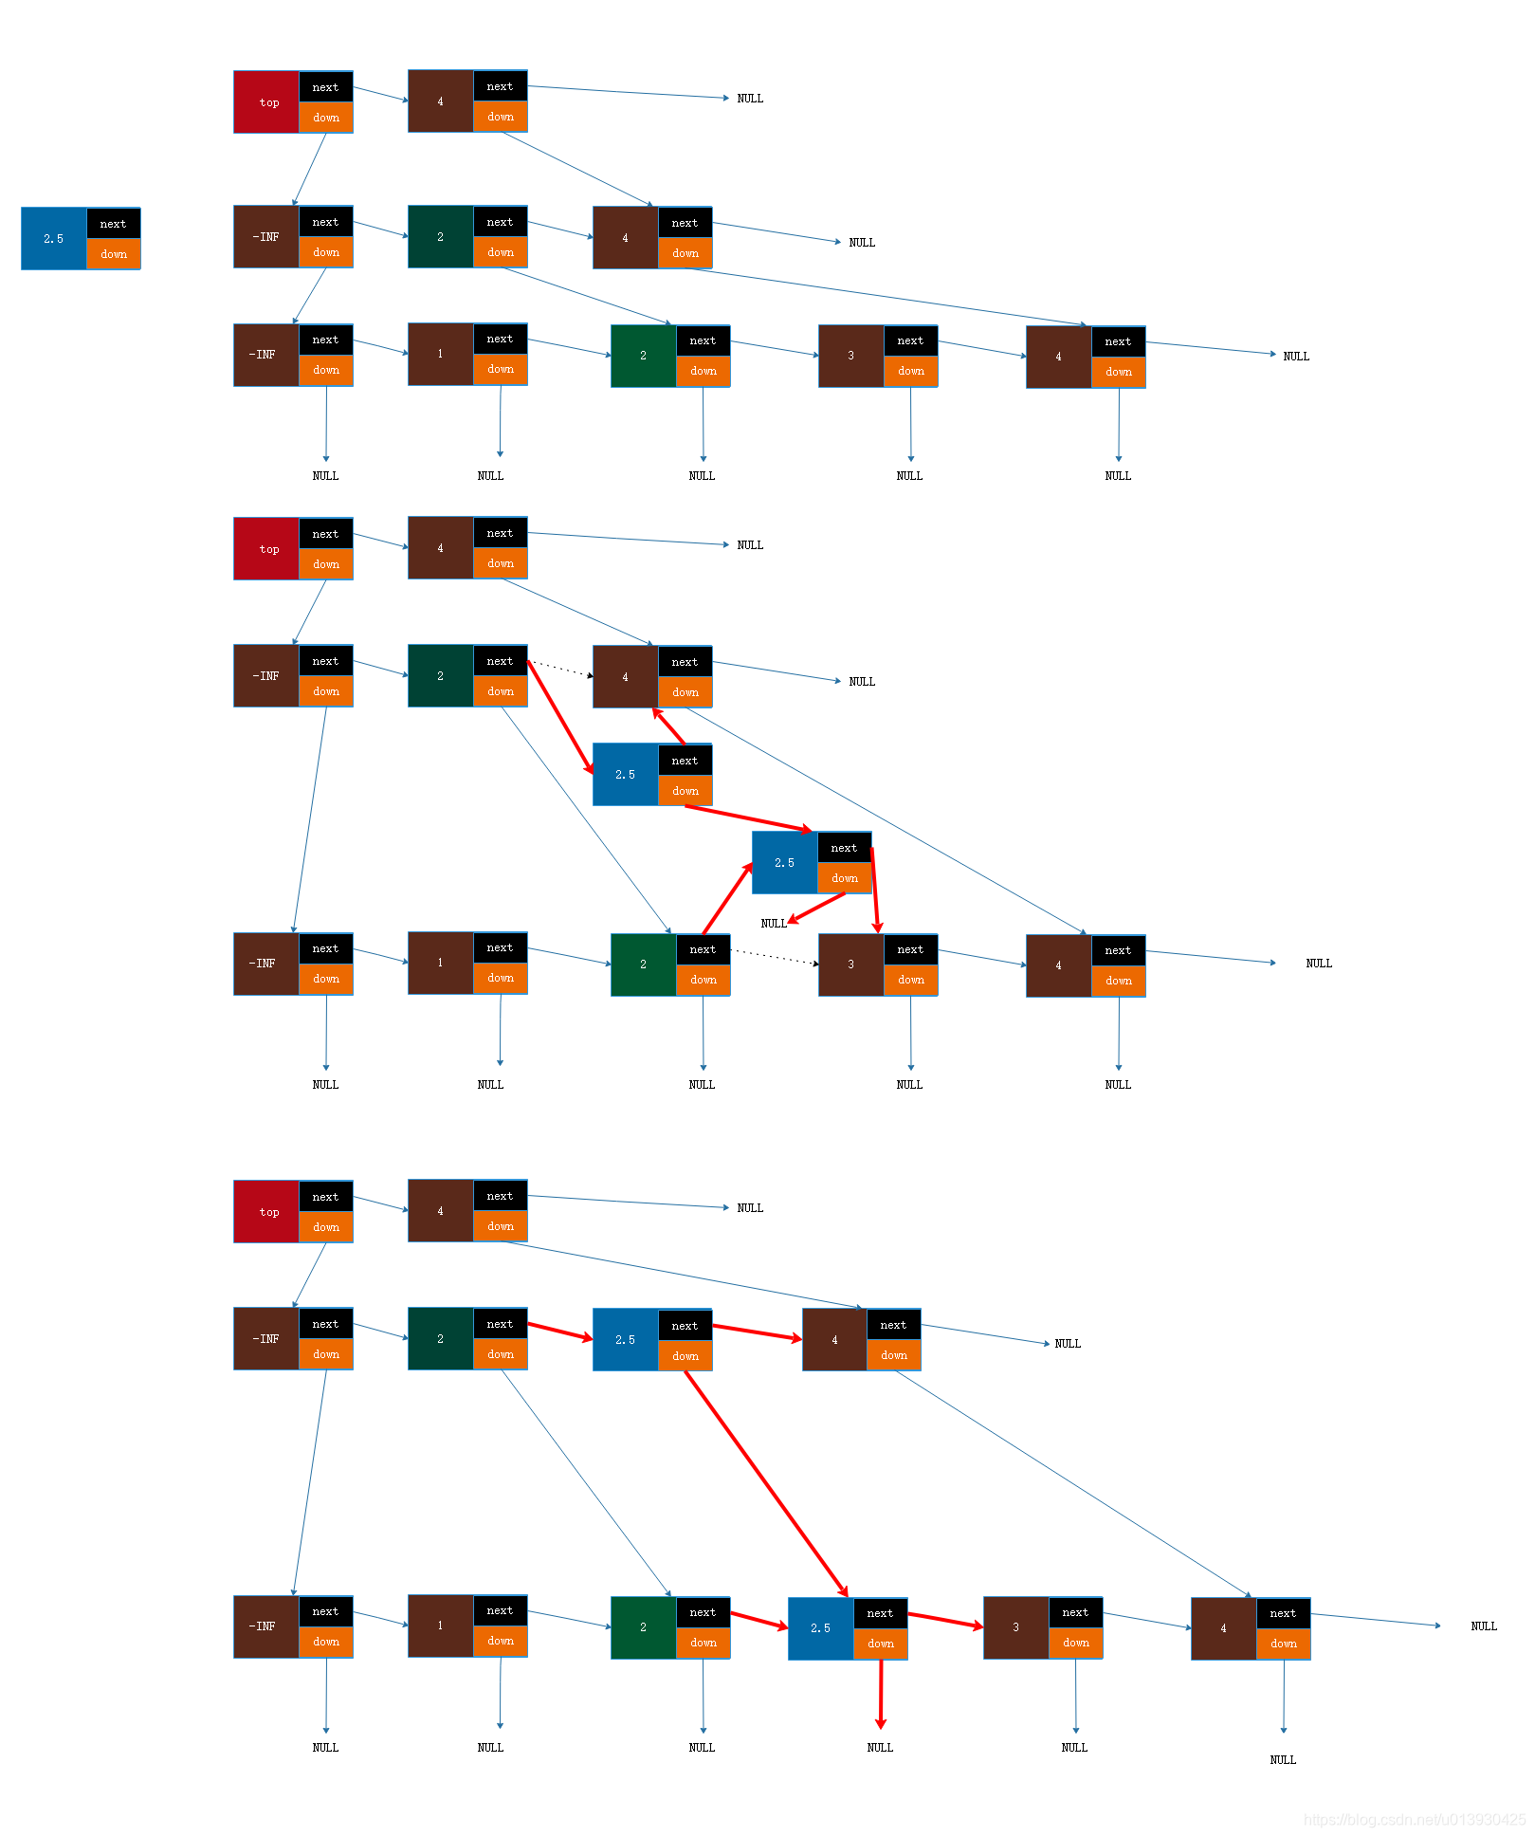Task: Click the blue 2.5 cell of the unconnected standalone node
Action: point(54,239)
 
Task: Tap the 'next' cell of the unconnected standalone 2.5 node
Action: point(113,224)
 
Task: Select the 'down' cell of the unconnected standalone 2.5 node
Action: point(113,254)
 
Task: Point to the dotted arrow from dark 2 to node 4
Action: point(560,669)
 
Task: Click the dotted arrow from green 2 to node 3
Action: point(774,957)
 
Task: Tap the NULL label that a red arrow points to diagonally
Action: point(774,923)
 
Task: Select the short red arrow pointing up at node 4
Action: point(668,726)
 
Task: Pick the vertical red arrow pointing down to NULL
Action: point(881,1693)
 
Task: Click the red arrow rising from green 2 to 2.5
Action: point(727,898)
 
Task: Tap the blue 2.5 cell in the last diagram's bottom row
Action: point(821,1628)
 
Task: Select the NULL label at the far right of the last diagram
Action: point(1483,1626)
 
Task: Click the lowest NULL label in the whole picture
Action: point(1282,1759)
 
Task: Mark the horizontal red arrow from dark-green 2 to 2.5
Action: point(559,1331)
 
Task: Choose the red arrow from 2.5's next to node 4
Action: point(757,1332)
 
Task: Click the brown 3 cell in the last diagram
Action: point(1015,1627)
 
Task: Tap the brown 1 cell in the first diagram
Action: point(441,354)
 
